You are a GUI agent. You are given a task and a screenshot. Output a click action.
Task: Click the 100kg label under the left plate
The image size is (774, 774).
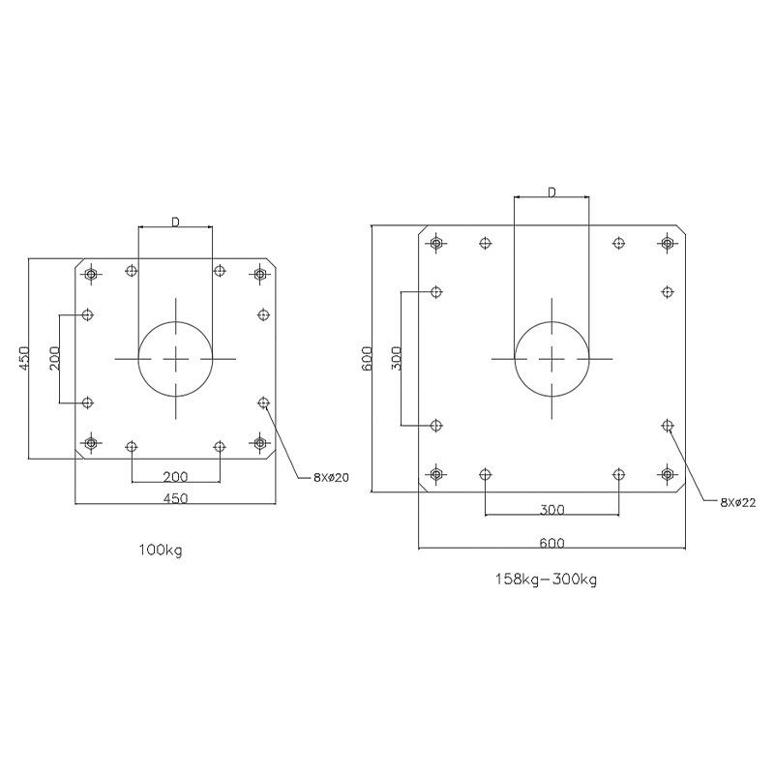(161, 550)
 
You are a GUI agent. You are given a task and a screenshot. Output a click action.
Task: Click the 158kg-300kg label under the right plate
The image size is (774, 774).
(546, 579)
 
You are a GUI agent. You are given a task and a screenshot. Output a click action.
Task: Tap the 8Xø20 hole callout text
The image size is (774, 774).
(331, 477)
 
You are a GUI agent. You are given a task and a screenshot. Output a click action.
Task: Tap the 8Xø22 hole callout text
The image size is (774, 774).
(738, 502)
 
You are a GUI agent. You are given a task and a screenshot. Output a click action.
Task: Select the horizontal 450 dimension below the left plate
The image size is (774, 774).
(176, 498)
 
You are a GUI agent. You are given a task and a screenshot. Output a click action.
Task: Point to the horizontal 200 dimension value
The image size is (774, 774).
(176, 476)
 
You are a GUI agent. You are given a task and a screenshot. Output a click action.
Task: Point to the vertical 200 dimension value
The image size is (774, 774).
(54, 358)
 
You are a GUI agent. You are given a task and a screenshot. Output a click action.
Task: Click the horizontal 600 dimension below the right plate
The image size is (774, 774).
(551, 543)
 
